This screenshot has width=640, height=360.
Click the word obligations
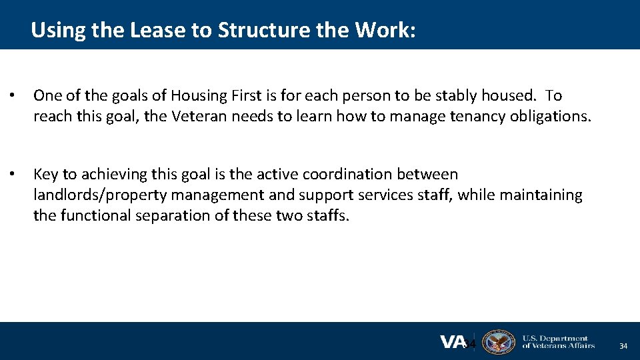[x=550, y=116]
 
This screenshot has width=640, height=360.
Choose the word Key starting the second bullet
[x=45, y=175]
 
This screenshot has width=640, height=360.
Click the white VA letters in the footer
[x=453, y=342]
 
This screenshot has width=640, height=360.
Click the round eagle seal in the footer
[x=498, y=342]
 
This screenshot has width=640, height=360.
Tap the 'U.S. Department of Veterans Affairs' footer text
[x=558, y=342]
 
